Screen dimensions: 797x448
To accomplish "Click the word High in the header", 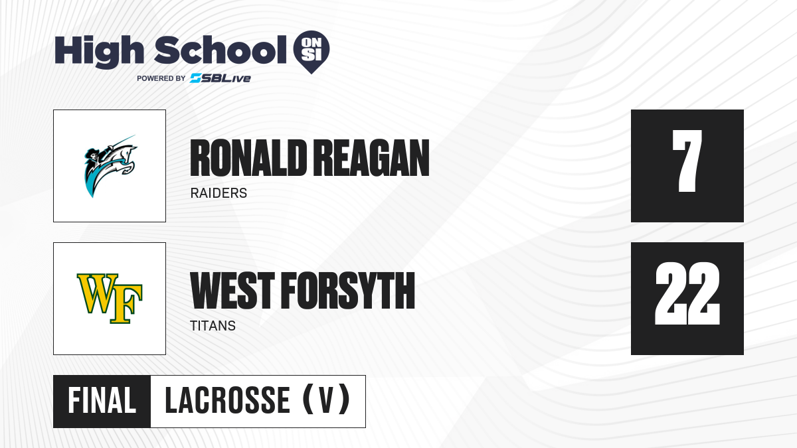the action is [99, 52].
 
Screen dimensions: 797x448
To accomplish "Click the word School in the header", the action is [221, 50].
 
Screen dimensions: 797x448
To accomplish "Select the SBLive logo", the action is [221, 78].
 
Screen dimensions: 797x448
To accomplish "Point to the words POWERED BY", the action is [161, 78].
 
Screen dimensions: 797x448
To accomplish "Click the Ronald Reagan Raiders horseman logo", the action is [110, 166].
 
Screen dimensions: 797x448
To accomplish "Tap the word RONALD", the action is [248, 158].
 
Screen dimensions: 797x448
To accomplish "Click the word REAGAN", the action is [371, 158].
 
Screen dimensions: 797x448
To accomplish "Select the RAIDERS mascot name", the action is [219, 193].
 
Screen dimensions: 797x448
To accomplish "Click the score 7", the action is [687, 161].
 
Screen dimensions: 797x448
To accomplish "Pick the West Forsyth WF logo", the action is [110, 298].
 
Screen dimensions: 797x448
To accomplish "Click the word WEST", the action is [232, 291].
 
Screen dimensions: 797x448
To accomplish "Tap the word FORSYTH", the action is [348, 291].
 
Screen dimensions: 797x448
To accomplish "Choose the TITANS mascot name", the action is [213, 326].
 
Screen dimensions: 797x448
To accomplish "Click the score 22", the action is [687, 293].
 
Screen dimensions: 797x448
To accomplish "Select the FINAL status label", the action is [102, 401].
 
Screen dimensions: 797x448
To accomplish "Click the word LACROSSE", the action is [227, 400].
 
